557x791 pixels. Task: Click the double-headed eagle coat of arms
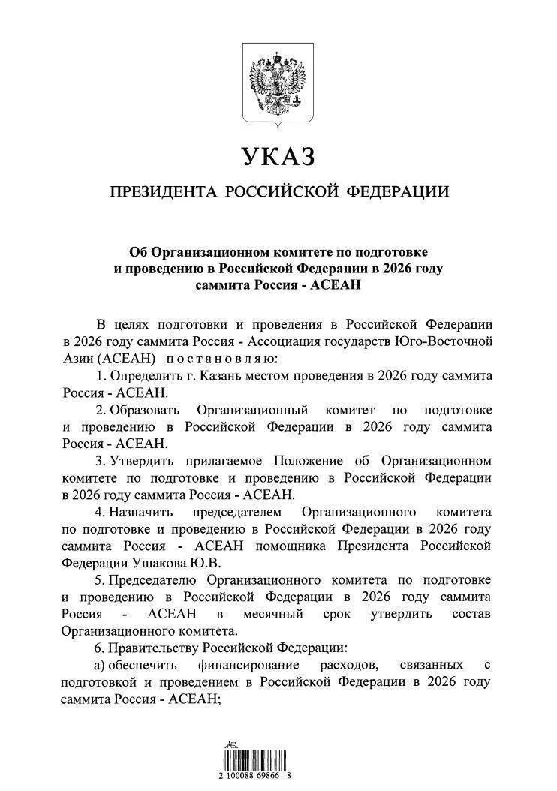pos(278,85)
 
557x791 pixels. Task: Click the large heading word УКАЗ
pos(278,157)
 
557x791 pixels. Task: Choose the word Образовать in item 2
pos(145,410)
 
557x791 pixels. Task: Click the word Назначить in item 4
pos(141,511)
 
